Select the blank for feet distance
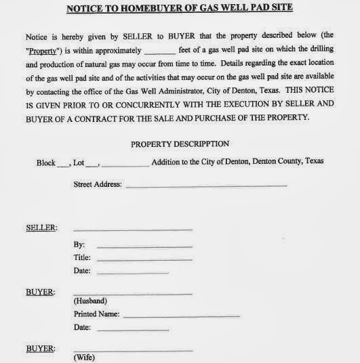159,51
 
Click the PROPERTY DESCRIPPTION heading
180,144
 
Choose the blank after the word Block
64,164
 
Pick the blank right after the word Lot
94,164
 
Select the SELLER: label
41,228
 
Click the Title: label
82,258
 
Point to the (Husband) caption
90,301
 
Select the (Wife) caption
85,357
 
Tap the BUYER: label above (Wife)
41,349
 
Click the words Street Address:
97,184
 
